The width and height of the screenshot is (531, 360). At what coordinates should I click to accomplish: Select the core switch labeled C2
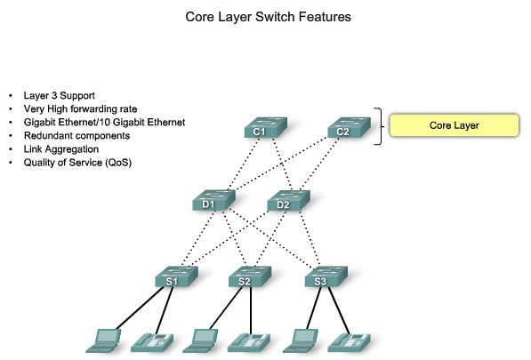click(x=342, y=129)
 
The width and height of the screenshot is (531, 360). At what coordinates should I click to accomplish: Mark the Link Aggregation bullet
click(x=66, y=149)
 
